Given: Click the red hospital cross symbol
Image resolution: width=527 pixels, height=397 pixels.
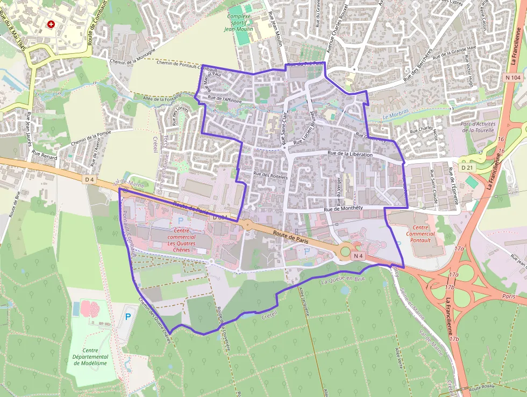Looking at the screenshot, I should point(51,24).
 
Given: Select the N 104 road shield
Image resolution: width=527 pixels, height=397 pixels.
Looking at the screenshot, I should point(514,78).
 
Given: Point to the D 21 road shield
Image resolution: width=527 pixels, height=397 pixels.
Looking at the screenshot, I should point(466,168).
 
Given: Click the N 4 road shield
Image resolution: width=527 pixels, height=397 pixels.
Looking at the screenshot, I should point(359,256).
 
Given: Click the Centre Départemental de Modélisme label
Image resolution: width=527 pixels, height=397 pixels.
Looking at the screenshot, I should point(90,356).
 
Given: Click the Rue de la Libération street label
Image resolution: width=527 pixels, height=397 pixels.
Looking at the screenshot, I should point(350,155).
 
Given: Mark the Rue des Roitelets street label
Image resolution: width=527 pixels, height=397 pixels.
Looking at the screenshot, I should point(272,175).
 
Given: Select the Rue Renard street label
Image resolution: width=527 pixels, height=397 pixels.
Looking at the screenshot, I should point(44,153).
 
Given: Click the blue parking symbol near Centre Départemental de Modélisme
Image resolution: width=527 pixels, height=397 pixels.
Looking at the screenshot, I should point(128,317).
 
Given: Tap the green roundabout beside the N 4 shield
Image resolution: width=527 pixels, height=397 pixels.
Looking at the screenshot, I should point(345,251).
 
